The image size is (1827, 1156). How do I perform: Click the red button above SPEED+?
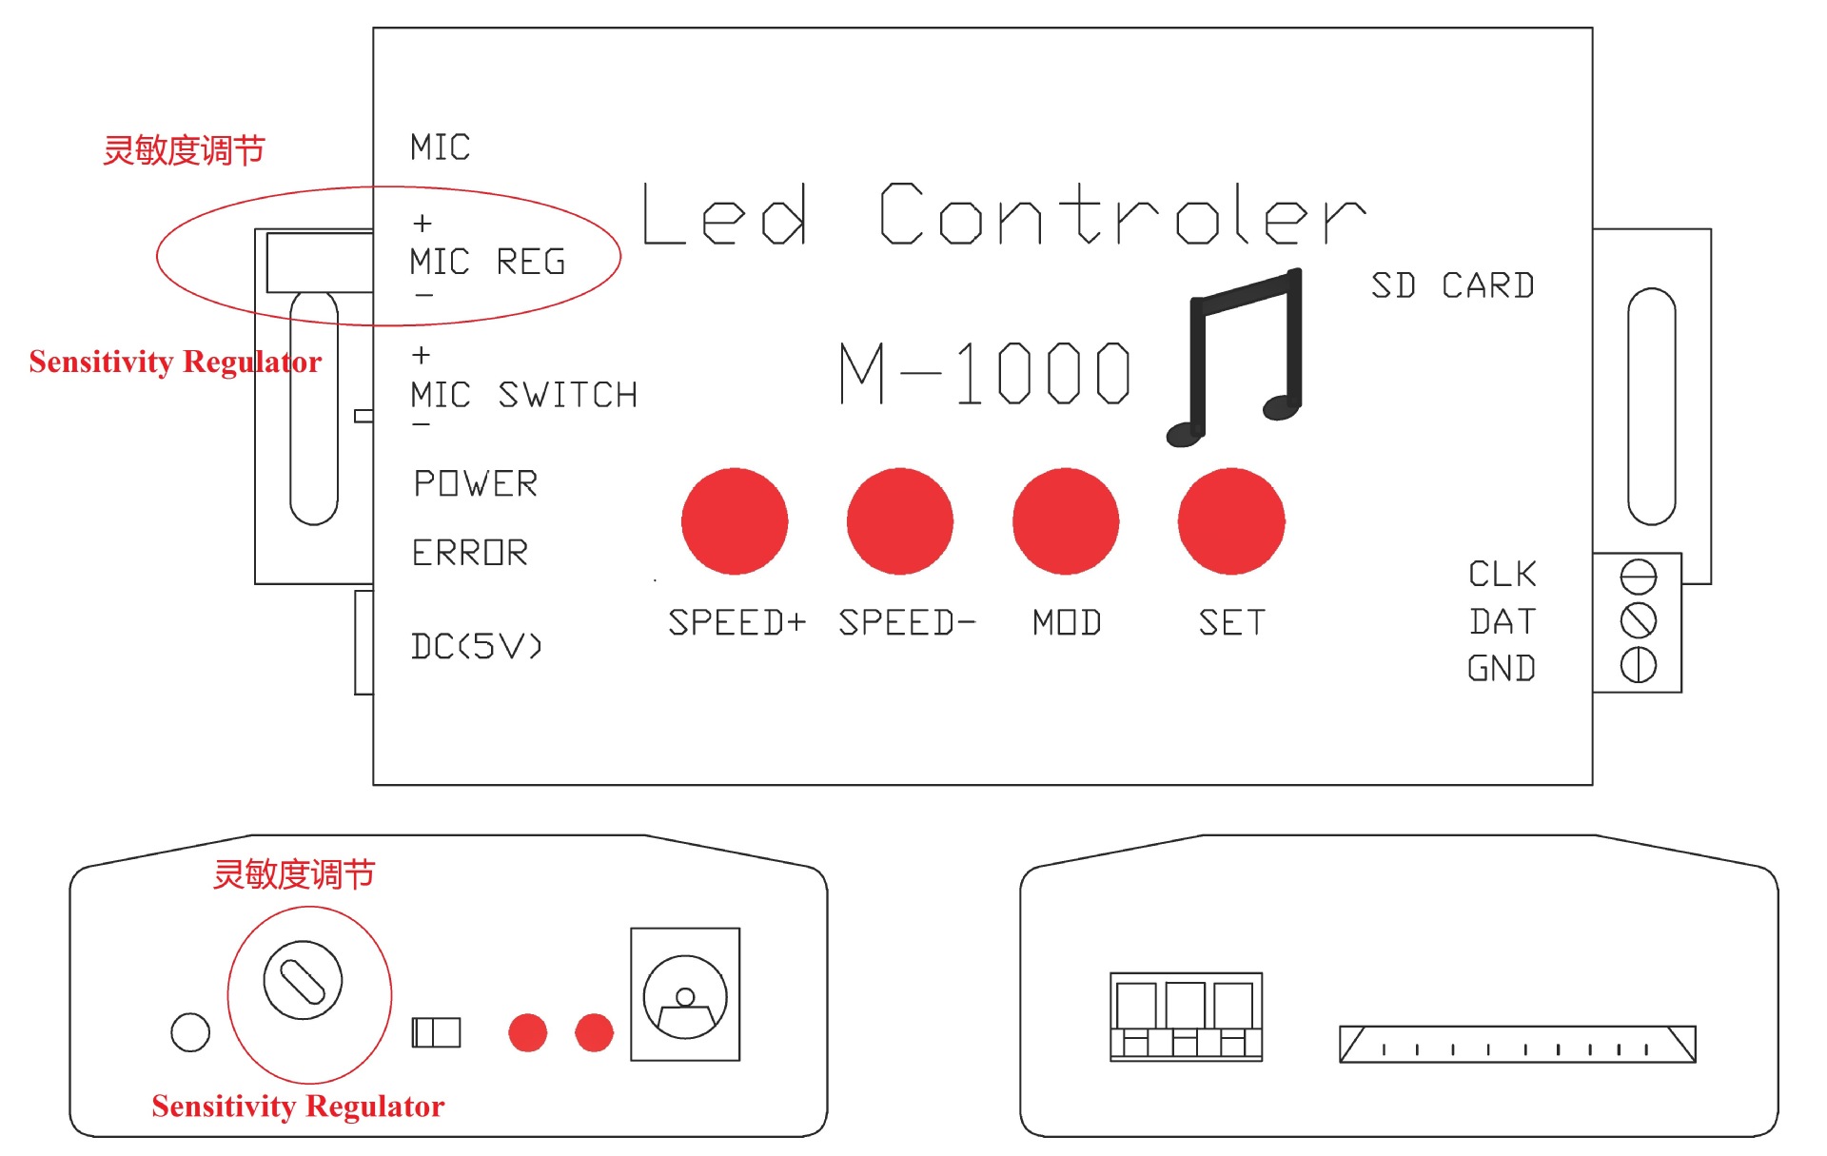pyautogui.click(x=735, y=521)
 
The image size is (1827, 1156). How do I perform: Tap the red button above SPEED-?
pyautogui.click(x=899, y=521)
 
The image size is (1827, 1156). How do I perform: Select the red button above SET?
pyautogui.click(x=1231, y=521)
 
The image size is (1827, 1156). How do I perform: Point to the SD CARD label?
pyautogui.click(x=1452, y=285)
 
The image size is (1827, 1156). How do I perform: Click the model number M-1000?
pyautogui.click(x=985, y=373)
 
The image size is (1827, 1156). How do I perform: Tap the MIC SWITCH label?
pyautogui.click(x=523, y=395)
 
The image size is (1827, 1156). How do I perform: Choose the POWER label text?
pyautogui.click(x=476, y=483)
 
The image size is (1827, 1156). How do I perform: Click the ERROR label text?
pyautogui.click(x=470, y=553)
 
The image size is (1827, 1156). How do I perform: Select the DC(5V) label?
pyautogui.click(x=477, y=647)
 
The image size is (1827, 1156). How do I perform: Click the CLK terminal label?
pyautogui.click(x=1502, y=574)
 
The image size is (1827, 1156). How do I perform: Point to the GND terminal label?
pyautogui.click(x=1502, y=668)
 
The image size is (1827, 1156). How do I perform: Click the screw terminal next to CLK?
pyautogui.click(x=1638, y=577)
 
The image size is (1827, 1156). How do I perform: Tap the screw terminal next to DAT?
pyautogui.click(x=1638, y=620)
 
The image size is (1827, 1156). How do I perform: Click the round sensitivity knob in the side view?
pyautogui.click(x=303, y=980)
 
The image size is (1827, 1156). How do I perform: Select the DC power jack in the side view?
pyautogui.click(x=685, y=995)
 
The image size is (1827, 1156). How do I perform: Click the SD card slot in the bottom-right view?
pyautogui.click(x=1517, y=1044)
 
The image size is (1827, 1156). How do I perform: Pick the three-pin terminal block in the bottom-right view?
pyautogui.click(x=1186, y=1016)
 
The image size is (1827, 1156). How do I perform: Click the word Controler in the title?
pyautogui.click(x=1121, y=215)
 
